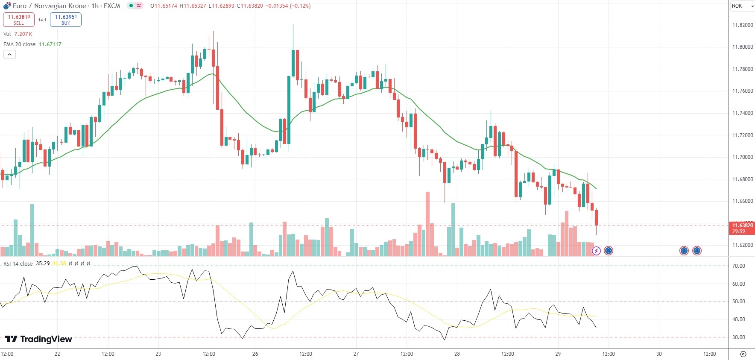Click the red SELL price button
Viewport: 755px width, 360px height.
pyautogui.click(x=19, y=20)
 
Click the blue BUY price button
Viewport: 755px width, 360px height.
pyautogui.click(x=65, y=20)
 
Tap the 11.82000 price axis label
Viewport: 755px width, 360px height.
pyautogui.click(x=743, y=25)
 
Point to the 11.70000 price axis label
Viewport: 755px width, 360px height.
pyautogui.click(x=743, y=157)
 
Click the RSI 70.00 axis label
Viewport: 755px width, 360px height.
pyautogui.click(x=738, y=266)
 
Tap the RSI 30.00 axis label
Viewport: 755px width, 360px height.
pyautogui.click(x=738, y=337)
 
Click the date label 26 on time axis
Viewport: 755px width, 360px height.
pyautogui.click(x=255, y=354)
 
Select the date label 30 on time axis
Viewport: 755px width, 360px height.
pyautogui.click(x=659, y=354)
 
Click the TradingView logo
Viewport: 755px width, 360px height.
pyautogui.click(x=38, y=339)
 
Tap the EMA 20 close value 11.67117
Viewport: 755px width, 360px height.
pyautogui.click(x=50, y=44)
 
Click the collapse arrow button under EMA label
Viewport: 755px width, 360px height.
pyautogui.click(x=9, y=55)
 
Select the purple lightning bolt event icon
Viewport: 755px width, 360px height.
pyautogui.click(x=596, y=251)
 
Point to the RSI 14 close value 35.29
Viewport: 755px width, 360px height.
pyautogui.click(x=43, y=263)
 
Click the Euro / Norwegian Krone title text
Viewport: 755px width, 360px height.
pyautogui.click(x=66, y=6)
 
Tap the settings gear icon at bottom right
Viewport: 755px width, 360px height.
pyautogui.click(x=743, y=354)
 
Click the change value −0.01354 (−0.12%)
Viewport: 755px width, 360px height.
pyautogui.click(x=288, y=6)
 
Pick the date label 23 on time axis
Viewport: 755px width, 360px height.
pyautogui.click(x=158, y=354)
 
